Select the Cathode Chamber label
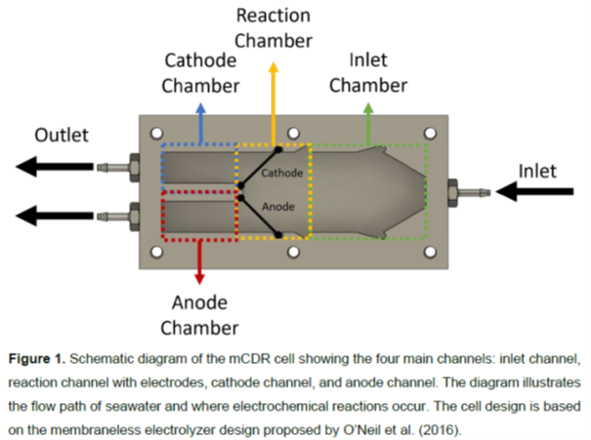coord(200,72)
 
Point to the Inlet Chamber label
coord(368,72)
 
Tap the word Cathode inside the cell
coord(281,173)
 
